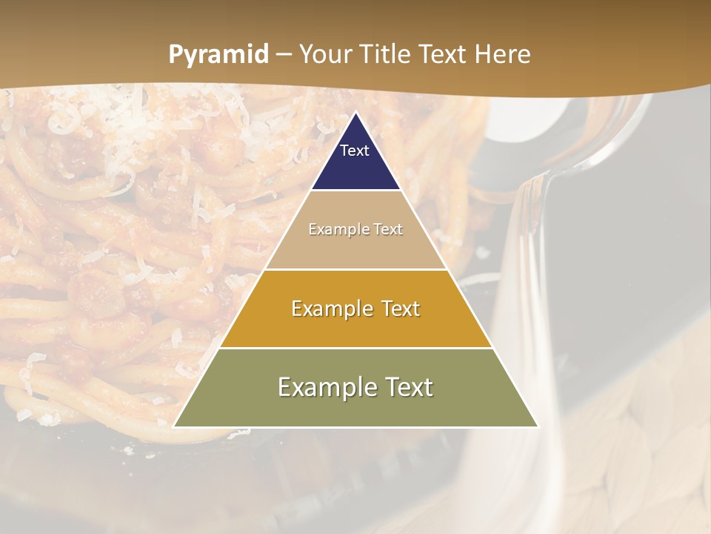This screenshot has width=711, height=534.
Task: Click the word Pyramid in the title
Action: [x=218, y=55]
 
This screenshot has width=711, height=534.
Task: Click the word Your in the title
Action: [x=326, y=55]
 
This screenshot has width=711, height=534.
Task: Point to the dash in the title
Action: [x=283, y=56]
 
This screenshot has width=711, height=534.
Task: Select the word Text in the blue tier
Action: [x=355, y=151]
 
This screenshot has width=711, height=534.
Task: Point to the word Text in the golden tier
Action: [x=397, y=309]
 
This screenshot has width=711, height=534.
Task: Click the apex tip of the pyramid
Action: [x=355, y=113]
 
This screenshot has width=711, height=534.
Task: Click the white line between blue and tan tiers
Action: [x=355, y=191]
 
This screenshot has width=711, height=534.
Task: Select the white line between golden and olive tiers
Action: [x=355, y=348]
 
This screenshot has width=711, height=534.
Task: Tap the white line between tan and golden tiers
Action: [x=355, y=269]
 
